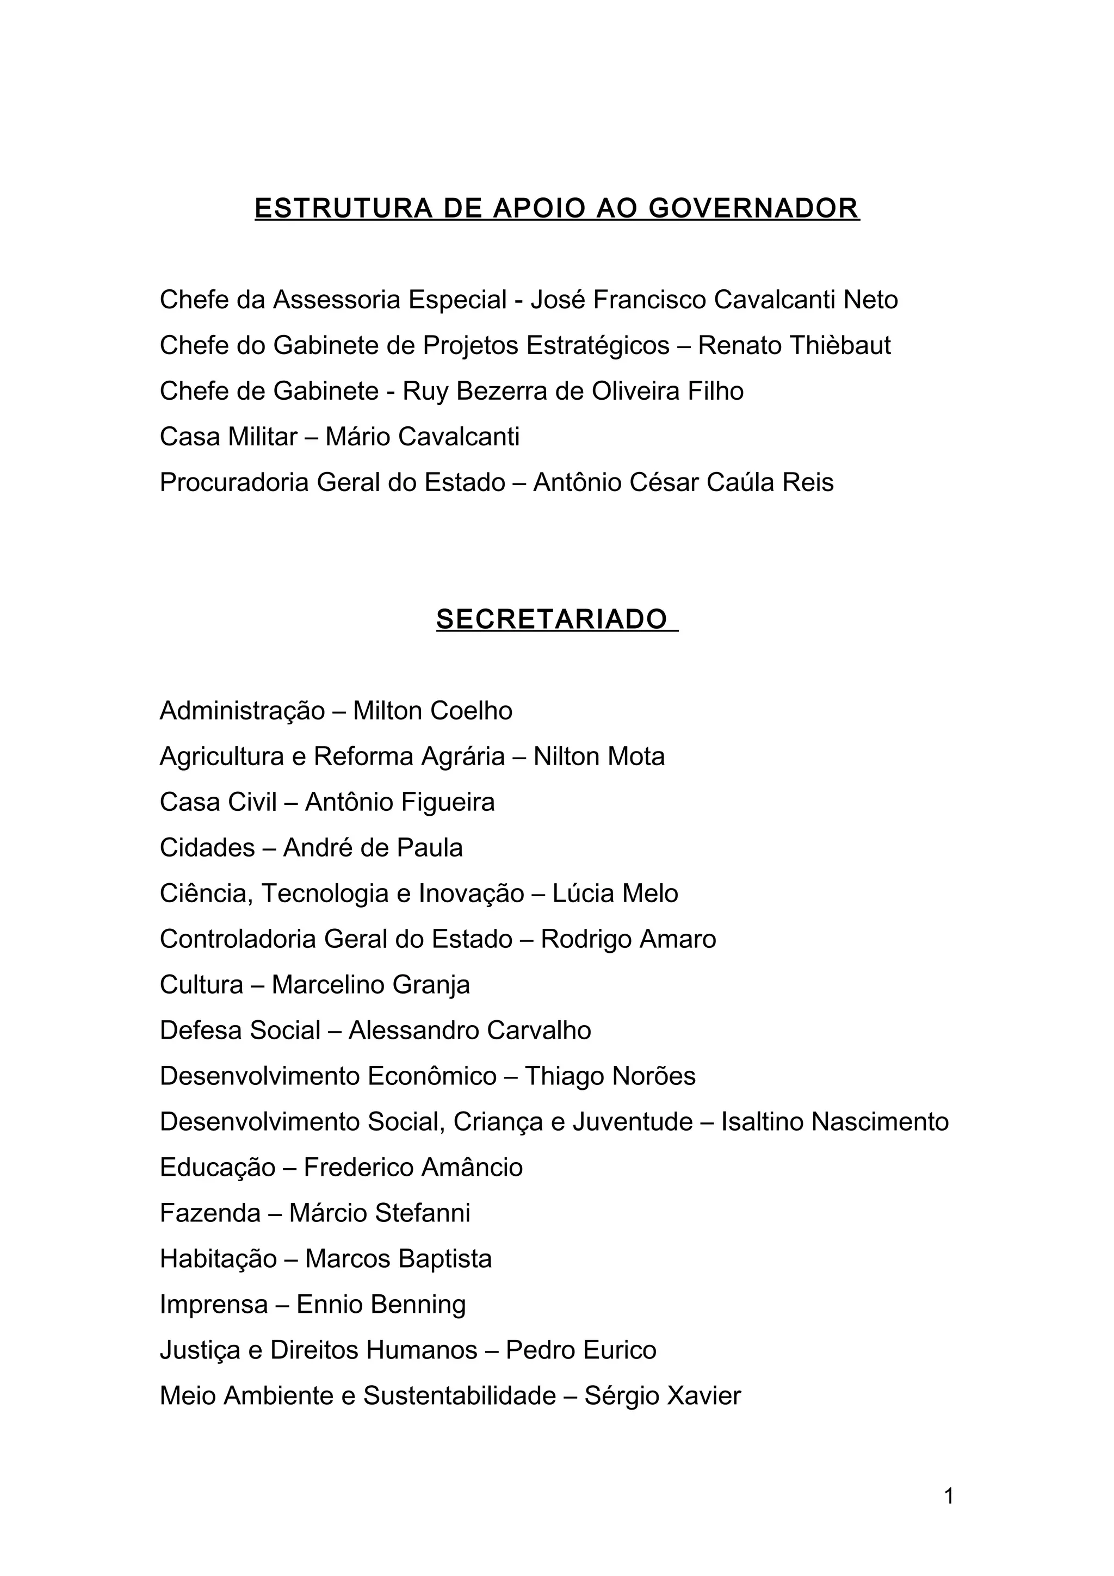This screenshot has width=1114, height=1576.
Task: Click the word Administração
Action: click(242, 711)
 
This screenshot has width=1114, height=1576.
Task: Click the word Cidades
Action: click(207, 848)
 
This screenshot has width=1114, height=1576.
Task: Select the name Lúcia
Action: click(584, 894)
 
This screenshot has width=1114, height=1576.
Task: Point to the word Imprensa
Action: click(213, 1304)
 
